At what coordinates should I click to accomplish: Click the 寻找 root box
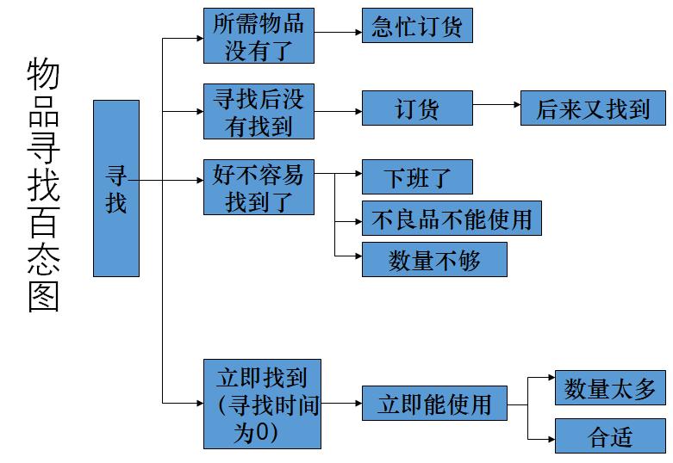point(115,188)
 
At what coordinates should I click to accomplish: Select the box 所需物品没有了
point(259,35)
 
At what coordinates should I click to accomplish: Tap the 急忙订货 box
point(417,25)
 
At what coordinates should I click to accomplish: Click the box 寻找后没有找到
point(259,111)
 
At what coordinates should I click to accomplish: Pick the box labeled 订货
point(417,108)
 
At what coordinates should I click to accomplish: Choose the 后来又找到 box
point(593,108)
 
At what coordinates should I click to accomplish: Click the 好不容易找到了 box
point(259,187)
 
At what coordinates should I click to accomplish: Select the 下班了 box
point(417,176)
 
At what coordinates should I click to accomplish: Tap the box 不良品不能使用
point(452,219)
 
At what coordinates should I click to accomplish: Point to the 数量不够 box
point(434,260)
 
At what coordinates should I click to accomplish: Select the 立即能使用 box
point(433,404)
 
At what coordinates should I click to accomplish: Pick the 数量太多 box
point(610,387)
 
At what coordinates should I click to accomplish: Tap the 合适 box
point(610,436)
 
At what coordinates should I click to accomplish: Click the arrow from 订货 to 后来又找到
point(496,105)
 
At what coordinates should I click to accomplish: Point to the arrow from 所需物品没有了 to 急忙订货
point(338,33)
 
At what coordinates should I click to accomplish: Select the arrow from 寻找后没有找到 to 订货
point(338,111)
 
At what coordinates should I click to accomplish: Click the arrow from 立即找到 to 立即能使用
point(341,403)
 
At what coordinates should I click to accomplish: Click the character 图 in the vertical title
point(43,297)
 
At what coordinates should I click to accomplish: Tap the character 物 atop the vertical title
point(43,76)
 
